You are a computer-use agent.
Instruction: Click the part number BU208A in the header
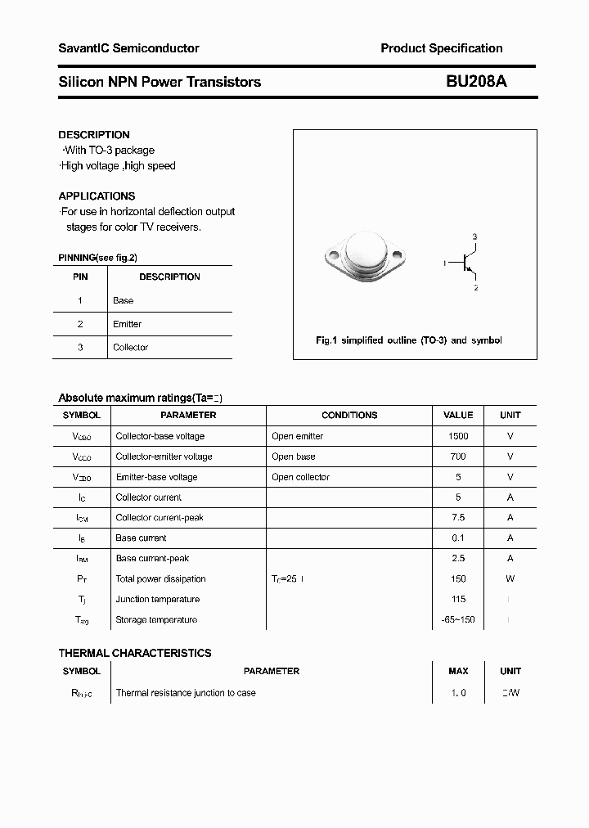pyautogui.click(x=476, y=82)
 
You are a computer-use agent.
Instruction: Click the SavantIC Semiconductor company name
pyautogui.click(x=128, y=48)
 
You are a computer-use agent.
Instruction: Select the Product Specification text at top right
pyautogui.click(x=442, y=48)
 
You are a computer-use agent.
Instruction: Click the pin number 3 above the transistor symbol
pyautogui.click(x=474, y=236)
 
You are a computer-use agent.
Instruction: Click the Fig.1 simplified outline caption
pyautogui.click(x=409, y=340)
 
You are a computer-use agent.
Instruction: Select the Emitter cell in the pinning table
pyautogui.click(x=127, y=324)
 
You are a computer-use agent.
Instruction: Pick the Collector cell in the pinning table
pyautogui.click(x=130, y=348)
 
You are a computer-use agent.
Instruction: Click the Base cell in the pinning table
pyautogui.click(x=123, y=300)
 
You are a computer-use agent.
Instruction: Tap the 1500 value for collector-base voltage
pyautogui.click(x=458, y=436)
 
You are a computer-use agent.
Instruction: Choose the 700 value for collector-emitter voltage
pyautogui.click(x=458, y=457)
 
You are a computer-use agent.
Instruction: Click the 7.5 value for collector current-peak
pyautogui.click(x=458, y=518)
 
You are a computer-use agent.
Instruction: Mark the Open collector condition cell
pyautogui.click(x=300, y=477)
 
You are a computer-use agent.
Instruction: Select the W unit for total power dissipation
pyautogui.click(x=510, y=579)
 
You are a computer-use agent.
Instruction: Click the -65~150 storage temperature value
pyautogui.click(x=458, y=620)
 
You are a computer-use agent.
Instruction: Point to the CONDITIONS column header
pyautogui.click(x=349, y=416)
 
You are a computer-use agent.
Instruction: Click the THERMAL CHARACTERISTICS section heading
pyautogui.click(x=135, y=653)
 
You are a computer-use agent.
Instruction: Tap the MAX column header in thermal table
pyautogui.click(x=458, y=671)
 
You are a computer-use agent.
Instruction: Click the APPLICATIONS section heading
pyautogui.click(x=97, y=196)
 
